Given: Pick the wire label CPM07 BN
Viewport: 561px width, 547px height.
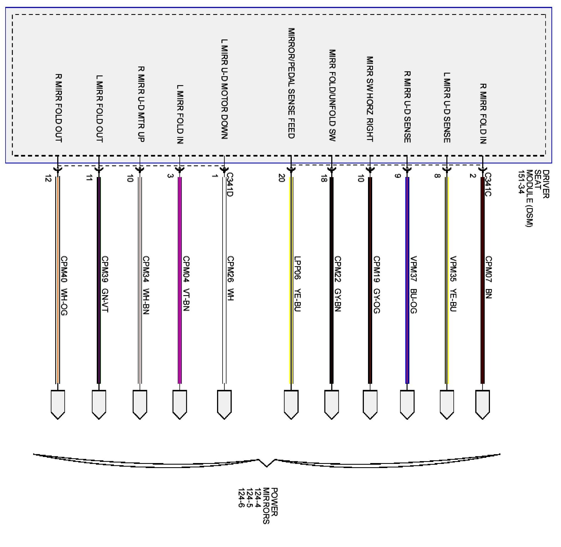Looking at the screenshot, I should tap(489, 277).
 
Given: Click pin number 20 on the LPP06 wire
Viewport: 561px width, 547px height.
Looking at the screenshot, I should tap(281, 178).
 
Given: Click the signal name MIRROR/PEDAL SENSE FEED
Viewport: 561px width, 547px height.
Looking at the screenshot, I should tap(291, 83).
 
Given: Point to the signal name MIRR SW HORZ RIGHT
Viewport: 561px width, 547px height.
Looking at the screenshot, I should tap(370, 99).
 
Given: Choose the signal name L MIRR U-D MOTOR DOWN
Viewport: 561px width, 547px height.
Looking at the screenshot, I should tap(225, 89).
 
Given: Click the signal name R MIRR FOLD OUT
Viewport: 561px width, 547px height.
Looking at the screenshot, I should tap(58, 108).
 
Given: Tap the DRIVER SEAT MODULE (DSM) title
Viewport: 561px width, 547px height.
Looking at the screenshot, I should tap(533, 198).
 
